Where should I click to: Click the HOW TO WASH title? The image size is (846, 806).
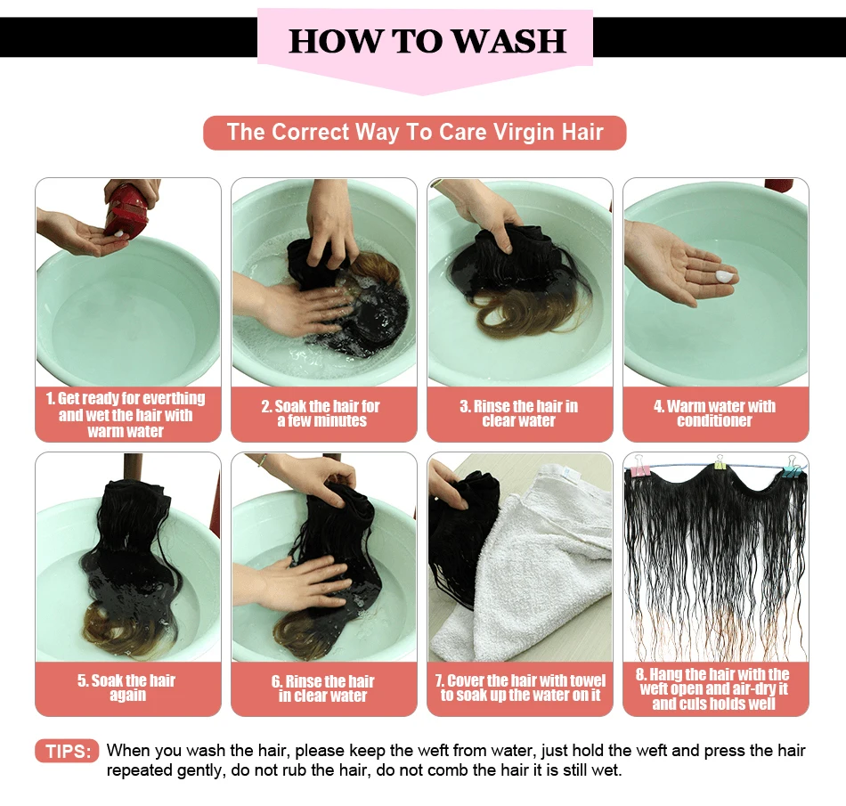coord(427,40)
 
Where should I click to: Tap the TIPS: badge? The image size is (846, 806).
coord(67,751)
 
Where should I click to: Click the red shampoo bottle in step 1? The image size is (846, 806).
coord(126,208)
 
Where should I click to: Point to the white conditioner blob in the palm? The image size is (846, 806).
coord(724,276)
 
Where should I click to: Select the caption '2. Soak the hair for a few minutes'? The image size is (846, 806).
coord(321,413)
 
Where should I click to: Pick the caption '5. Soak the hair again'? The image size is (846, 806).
coord(126,688)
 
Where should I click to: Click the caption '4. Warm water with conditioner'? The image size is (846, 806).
coord(715,413)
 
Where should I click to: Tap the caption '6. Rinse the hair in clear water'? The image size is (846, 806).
coord(322,688)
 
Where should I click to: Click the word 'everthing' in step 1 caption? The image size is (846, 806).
coord(174,399)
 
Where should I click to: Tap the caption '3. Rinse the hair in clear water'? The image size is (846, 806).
coord(519,413)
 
